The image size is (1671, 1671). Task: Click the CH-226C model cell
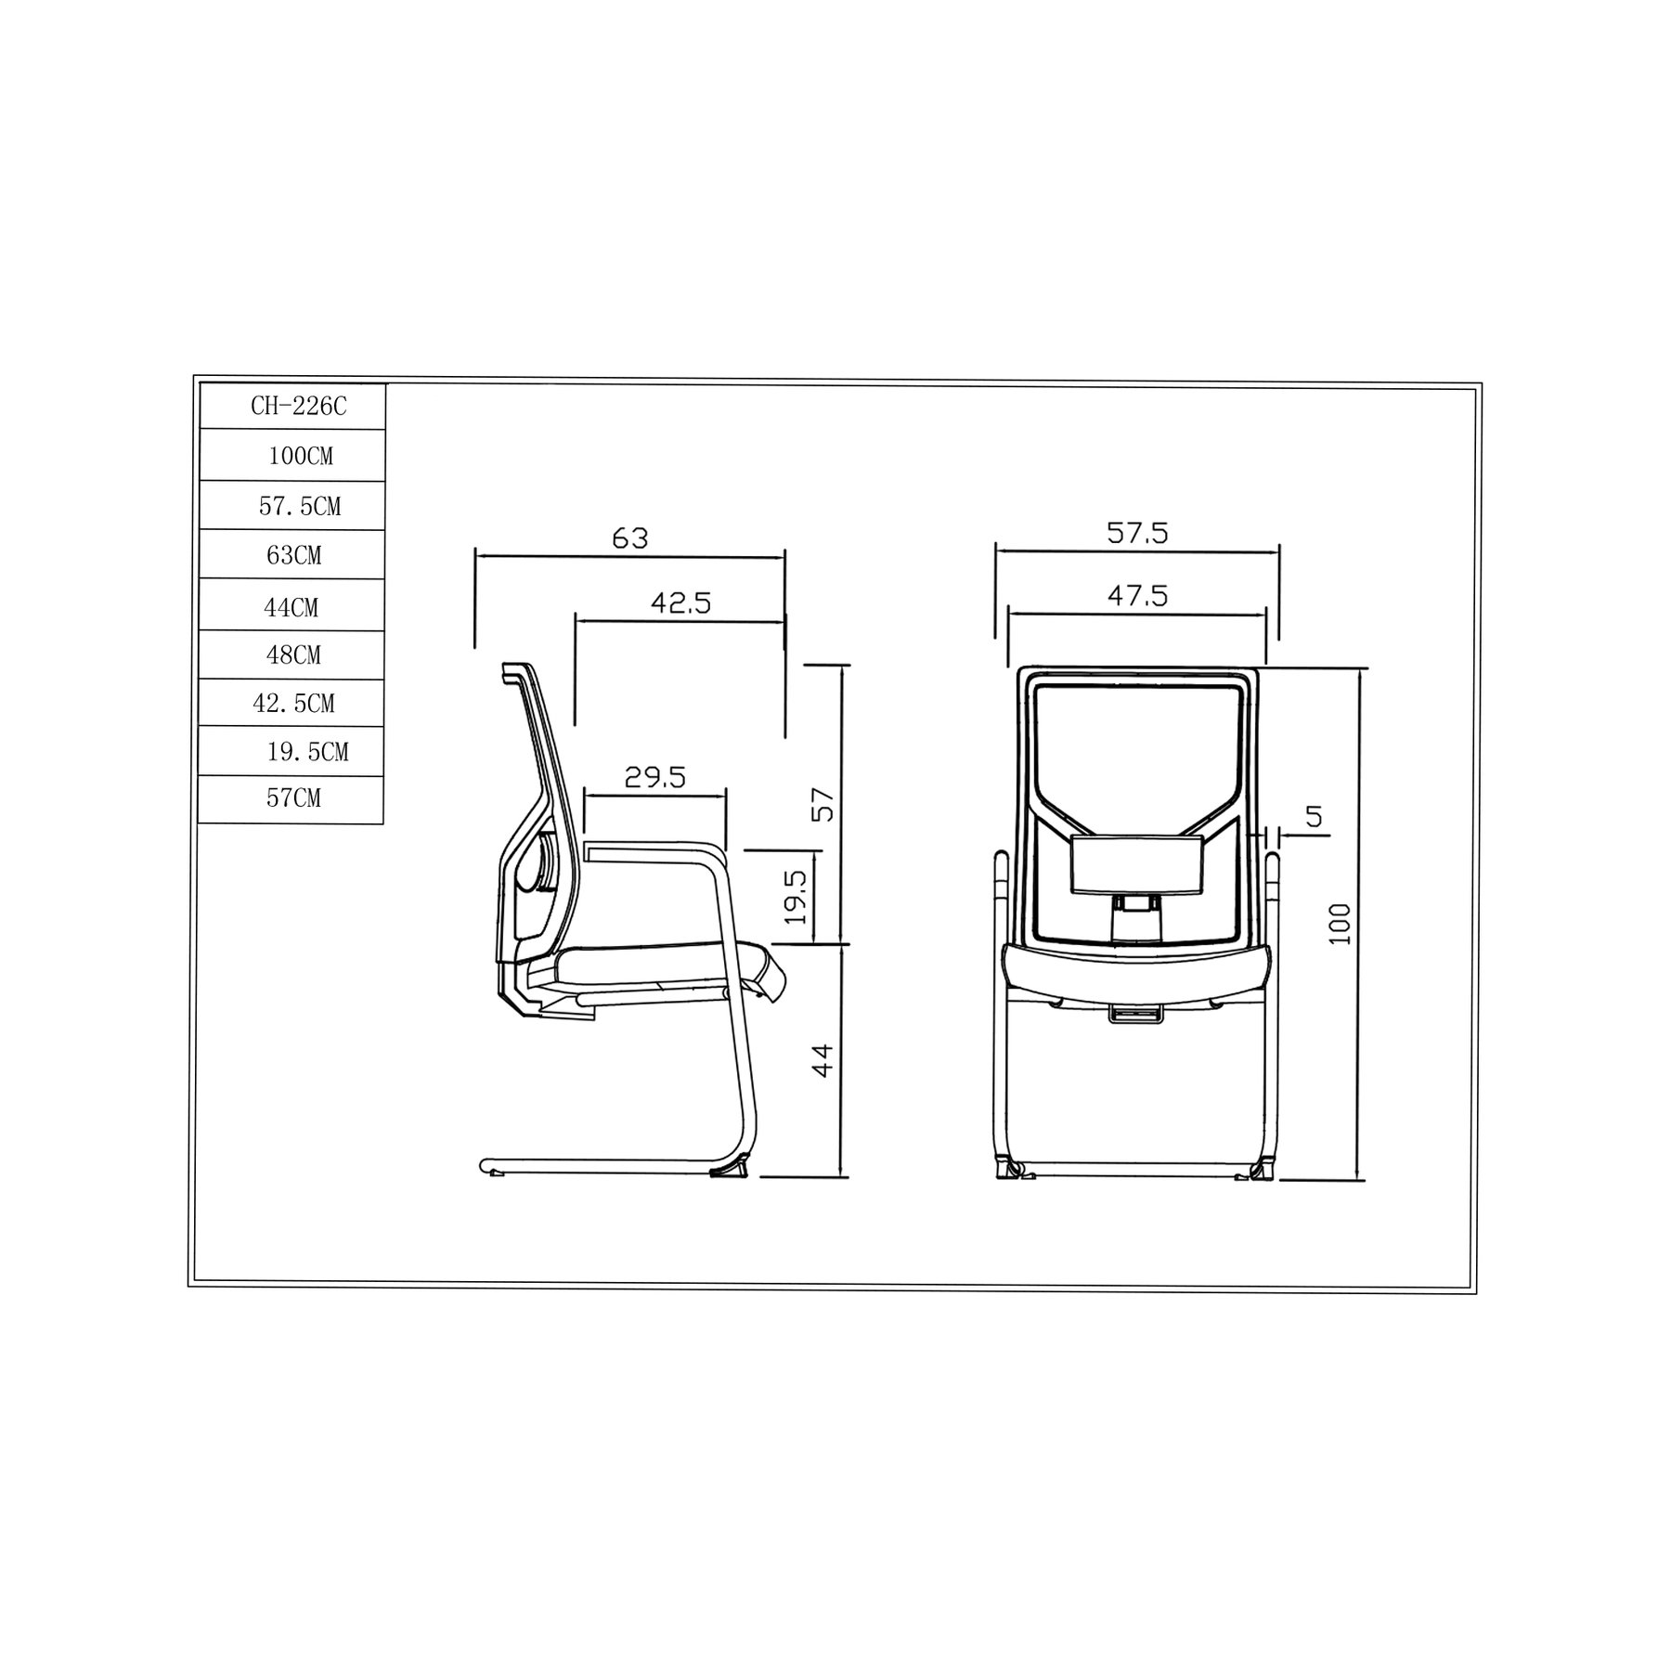point(292,406)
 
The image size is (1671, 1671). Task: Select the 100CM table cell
point(292,455)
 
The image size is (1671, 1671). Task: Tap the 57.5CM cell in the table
point(292,506)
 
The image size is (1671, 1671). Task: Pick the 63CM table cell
point(292,555)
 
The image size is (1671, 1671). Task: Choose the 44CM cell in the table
point(292,606)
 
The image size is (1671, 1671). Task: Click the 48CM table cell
point(292,655)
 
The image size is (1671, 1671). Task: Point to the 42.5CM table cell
point(292,704)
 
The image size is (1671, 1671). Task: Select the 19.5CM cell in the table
point(292,752)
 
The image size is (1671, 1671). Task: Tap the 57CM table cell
point(292,799)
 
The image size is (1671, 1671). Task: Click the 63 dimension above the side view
point(630,538)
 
